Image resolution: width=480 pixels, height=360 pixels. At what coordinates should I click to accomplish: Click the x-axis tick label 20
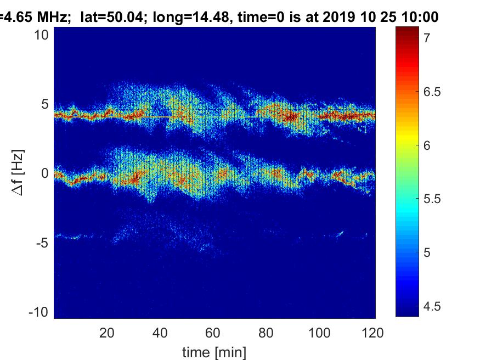[106, 333]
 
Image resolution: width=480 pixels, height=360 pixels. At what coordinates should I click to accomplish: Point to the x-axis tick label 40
[160, 333]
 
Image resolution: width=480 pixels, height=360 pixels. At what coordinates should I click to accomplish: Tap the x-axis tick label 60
[213, 333]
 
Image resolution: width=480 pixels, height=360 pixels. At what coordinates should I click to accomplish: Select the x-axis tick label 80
[266, 333]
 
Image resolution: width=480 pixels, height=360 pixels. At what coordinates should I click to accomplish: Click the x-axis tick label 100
[319, 333]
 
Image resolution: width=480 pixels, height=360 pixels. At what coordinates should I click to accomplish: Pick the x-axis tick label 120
[372, 333]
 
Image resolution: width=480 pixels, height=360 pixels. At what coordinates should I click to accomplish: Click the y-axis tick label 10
[41, 35]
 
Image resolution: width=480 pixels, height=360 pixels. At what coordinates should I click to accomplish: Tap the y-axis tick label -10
[38, 312]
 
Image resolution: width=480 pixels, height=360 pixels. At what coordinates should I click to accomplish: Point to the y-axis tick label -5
[42, 243]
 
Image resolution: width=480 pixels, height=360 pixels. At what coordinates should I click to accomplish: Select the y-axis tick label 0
[45, 173]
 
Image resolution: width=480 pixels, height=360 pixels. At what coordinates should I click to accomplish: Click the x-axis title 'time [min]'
[214, 352]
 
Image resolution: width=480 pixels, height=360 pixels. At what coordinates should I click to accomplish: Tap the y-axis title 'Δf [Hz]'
[18, 172]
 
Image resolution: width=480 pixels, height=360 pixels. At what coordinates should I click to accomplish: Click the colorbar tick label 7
[427, 38]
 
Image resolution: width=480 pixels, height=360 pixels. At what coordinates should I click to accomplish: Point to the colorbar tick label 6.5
[432, 92]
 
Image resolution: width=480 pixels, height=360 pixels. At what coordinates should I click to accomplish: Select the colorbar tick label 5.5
[432, 199]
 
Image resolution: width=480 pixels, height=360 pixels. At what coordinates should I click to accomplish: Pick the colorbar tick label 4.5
[432, 306]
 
